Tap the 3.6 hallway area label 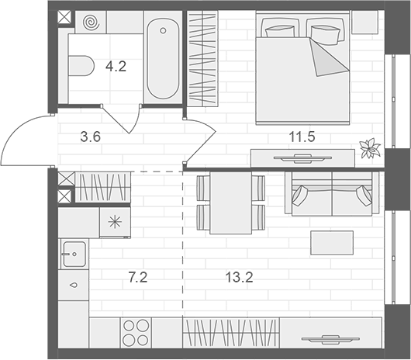[92, 138]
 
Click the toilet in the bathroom [80, 67]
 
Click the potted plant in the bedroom [370, 147]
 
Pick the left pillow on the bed [280, 29]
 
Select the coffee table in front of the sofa [332, 242]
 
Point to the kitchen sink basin [74, 251]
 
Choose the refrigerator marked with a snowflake [115, 222]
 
